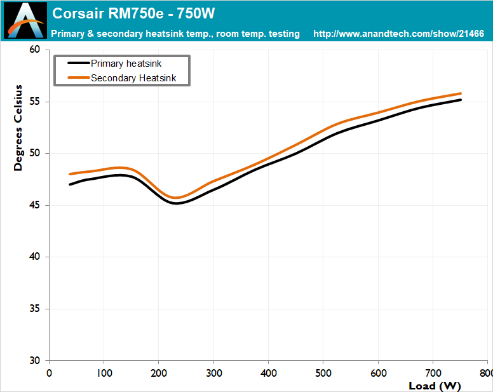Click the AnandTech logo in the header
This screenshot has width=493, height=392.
click(x=25, y=20)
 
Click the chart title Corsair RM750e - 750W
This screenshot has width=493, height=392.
click(x=133, y=13)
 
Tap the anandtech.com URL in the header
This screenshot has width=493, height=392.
click(x=398, y=34)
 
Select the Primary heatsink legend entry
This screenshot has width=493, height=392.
click(x=114, y=63)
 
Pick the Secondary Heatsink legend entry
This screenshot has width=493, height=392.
click(x=122, y=78)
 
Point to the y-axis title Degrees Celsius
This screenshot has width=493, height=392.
click(x=18, y=128)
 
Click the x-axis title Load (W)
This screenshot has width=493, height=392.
click(x=435, y=386)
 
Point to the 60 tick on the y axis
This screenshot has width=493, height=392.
click(x=35, y=50)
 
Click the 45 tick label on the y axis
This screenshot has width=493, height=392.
click(x=35, y=205)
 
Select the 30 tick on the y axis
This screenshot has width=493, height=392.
click(x=35, y=361)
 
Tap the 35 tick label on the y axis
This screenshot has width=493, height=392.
click(x=35, y=309)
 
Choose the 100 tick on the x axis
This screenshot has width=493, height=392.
click(x=104, y=373)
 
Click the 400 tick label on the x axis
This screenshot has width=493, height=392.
click(x=269, y=373)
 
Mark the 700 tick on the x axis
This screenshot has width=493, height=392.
click(x=433, y=373)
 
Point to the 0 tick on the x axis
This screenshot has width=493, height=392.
click(x=49, y=373)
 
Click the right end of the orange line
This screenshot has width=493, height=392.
click(x=461, y=93)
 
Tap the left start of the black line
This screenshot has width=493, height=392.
click(x=70, y=184)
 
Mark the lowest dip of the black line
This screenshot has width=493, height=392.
click(x=176, y=203)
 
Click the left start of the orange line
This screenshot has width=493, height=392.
click(x=70, y=174)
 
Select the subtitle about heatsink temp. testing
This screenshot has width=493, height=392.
click(x=175, y=34)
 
